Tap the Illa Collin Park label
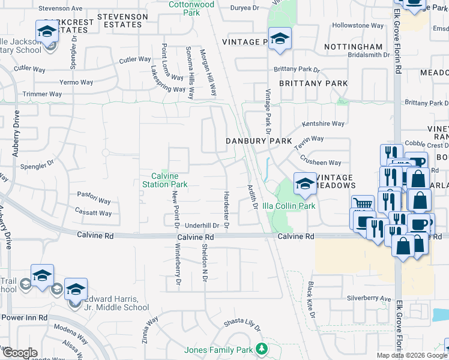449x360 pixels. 294,206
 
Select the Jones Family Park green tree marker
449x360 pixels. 261,349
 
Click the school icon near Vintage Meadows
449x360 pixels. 304,183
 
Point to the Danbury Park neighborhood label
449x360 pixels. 258,140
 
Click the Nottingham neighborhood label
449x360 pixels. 353,46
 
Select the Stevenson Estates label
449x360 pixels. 122,20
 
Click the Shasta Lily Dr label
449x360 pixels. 243,325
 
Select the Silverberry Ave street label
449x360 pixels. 369,298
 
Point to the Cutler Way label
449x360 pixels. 135,59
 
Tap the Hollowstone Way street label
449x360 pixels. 358,26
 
